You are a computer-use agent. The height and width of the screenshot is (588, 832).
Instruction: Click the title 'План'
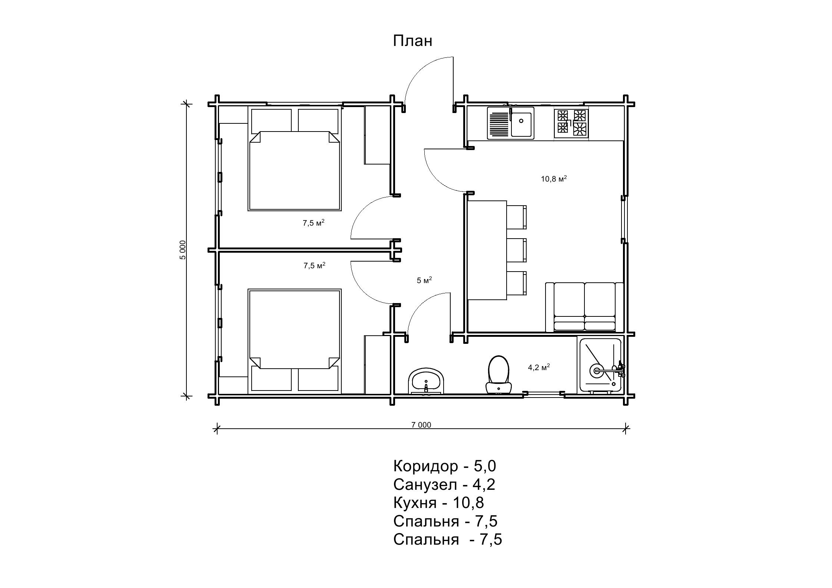click(x=412, y=41)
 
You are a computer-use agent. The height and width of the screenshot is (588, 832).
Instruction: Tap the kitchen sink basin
click(x=521, y=124)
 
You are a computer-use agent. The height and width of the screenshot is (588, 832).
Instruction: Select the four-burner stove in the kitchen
click(x=571, y=124)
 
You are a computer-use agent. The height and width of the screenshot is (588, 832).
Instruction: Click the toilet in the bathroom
click(x=498, y=374)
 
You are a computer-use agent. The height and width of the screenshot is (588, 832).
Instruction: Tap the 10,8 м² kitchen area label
click(x=554, y=179)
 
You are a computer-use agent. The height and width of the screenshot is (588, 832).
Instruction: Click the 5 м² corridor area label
click(x=424, y=280)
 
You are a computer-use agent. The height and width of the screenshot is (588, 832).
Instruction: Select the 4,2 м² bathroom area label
click(x=538, y=368)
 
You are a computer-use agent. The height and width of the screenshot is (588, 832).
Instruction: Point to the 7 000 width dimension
click(x=421, y=425)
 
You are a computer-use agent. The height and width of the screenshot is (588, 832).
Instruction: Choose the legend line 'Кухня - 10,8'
click(x=438, y=503)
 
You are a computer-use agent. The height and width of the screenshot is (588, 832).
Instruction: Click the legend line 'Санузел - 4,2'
click(x=444, y=484)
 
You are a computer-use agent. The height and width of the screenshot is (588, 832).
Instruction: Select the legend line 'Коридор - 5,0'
click(x=444, y=466)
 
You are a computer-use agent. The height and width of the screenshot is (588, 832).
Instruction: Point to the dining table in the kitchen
click(x=487, y=250)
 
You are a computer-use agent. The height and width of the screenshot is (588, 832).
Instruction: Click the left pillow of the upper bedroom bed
click(x=271, y=121)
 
